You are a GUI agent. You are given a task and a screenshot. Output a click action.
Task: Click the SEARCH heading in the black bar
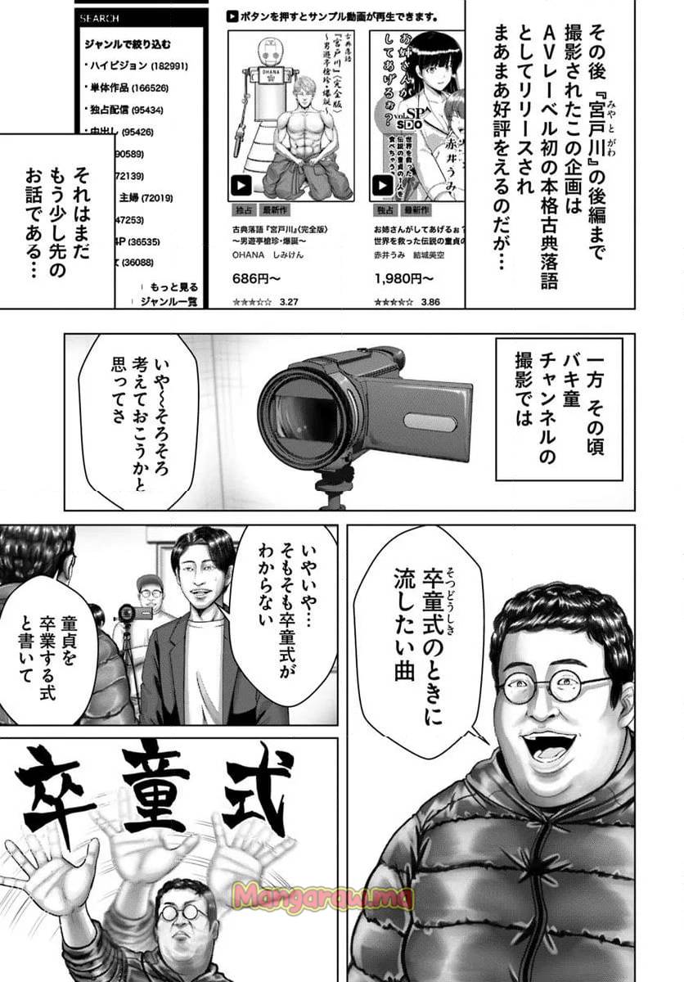99,17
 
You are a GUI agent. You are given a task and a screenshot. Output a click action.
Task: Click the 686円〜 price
251,278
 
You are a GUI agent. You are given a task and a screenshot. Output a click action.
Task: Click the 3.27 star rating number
289,302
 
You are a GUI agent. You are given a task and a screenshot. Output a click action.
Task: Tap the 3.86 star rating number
430,302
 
